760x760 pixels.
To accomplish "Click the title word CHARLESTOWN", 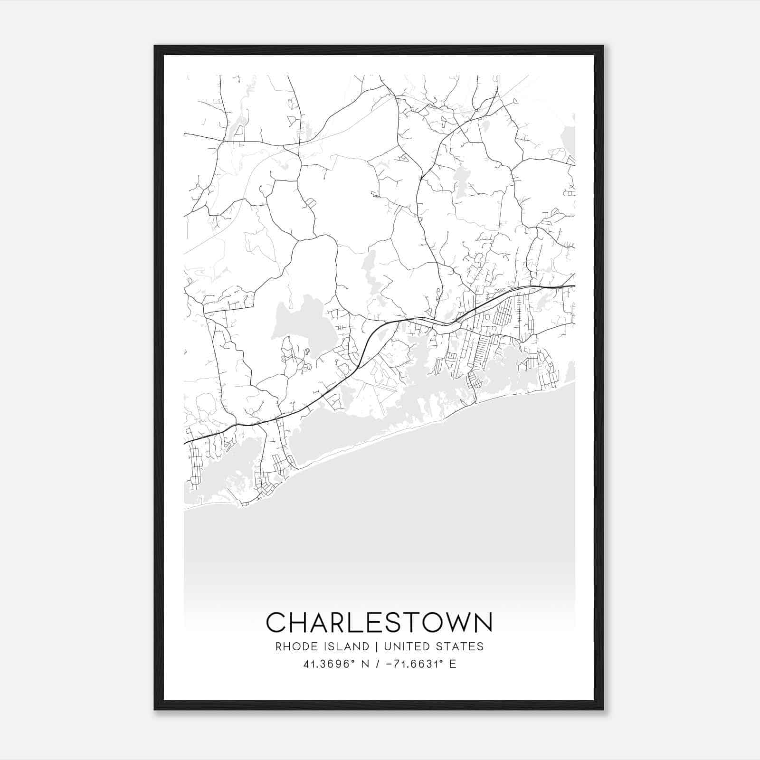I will (380, 622).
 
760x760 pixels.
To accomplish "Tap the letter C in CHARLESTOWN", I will (275, 622).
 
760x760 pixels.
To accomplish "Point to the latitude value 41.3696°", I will (329, 664).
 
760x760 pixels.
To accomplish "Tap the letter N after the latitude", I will (366, 664).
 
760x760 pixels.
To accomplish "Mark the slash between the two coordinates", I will (378, 664).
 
